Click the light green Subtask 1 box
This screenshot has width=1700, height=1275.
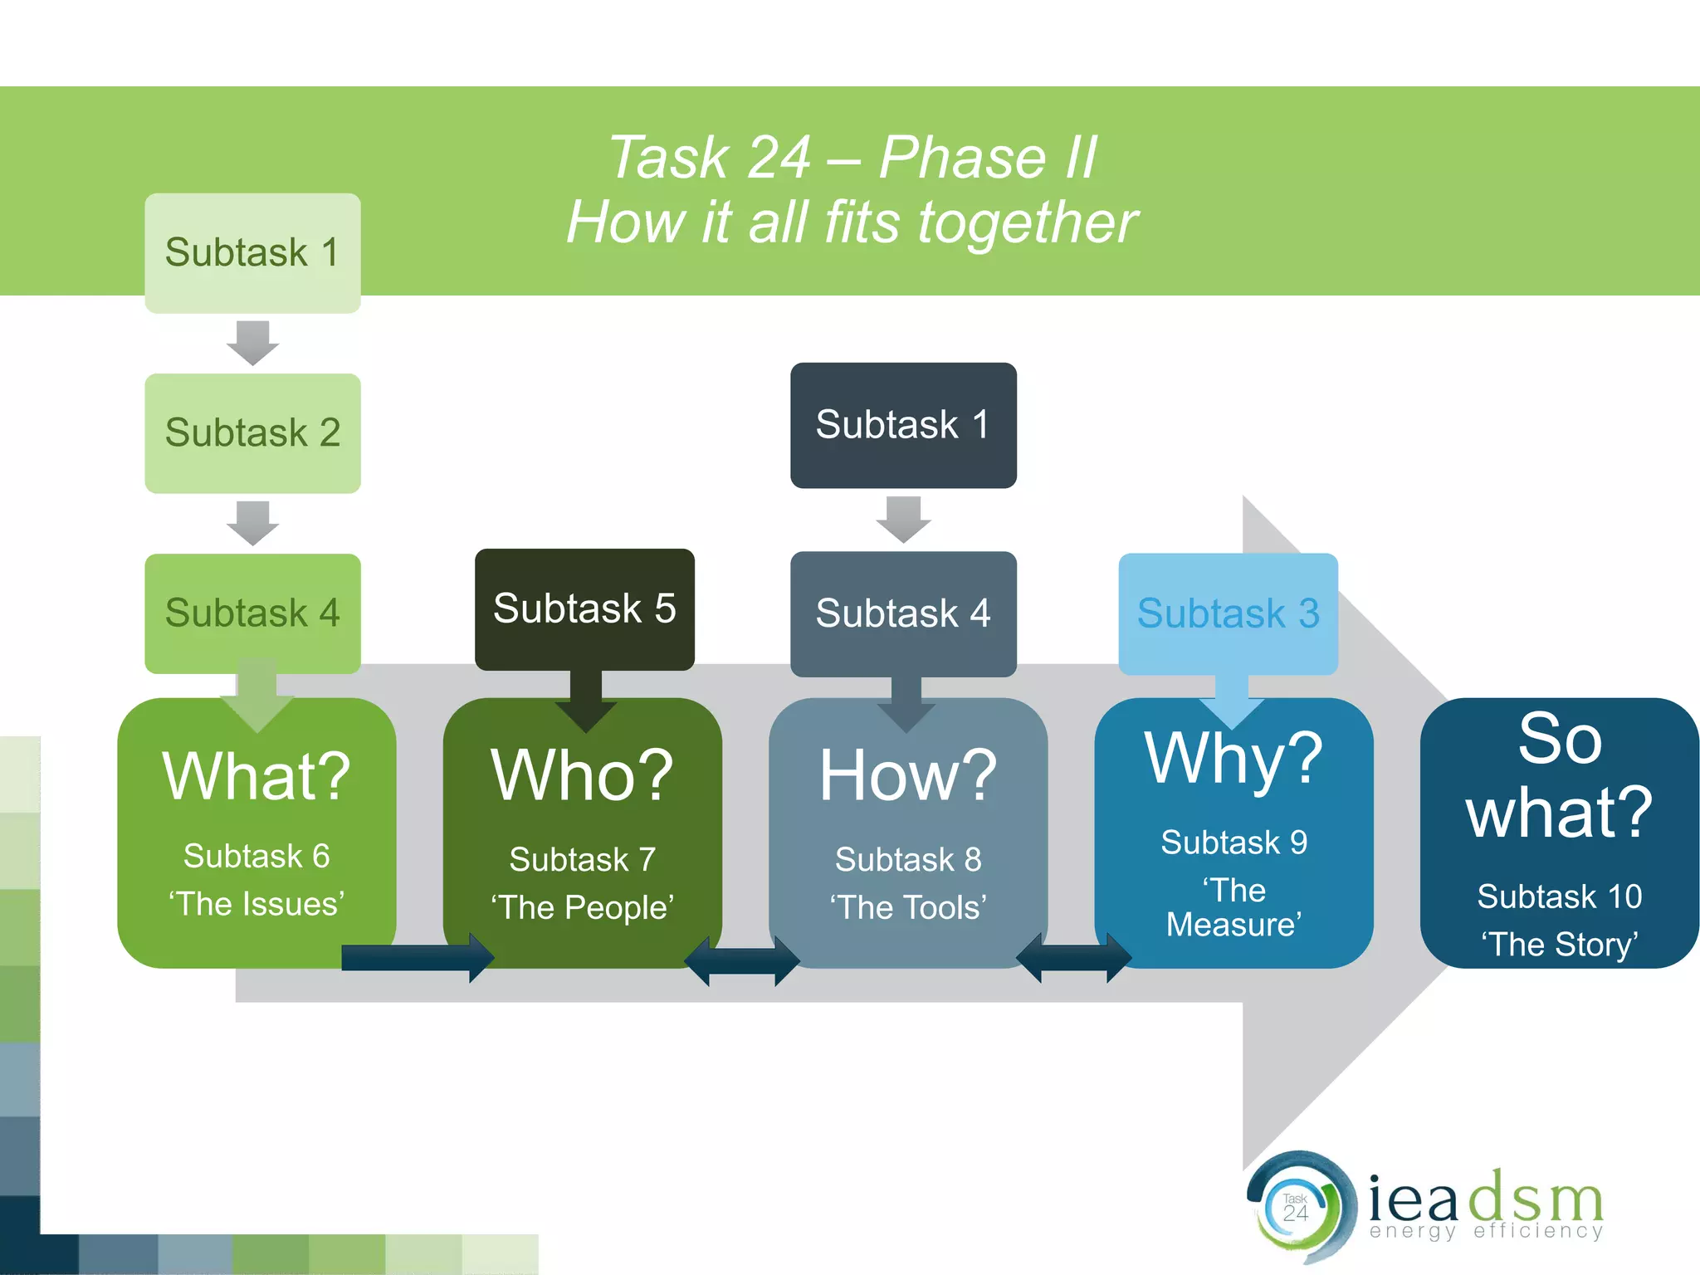(x=252, y=253)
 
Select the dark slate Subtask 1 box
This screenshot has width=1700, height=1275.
(x=903, y=425)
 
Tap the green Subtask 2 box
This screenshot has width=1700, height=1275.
(x=252, y=433)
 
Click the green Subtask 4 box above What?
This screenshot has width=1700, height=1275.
(x=252, y=613)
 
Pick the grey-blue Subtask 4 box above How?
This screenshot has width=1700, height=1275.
(x=903, y=613)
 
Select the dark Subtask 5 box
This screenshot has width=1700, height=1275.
(x=584, y=608)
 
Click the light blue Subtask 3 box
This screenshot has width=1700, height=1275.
(x=1228, y=613)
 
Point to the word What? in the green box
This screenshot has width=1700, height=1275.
(x=256, y=776)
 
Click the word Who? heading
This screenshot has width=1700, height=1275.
(x=582, y=775)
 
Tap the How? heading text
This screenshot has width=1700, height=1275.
(x=907, y=775)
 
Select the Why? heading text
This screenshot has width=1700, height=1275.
(x=1233, y=759)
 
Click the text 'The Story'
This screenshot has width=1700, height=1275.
(x=1559, y=945)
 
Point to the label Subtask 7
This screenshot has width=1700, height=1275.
(x=582, y=859)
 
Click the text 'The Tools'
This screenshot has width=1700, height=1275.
(x=907, y=907)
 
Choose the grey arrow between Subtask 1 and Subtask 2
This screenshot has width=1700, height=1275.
(x=252, y=342)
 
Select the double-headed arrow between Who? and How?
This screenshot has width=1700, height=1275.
(x=741, y=961)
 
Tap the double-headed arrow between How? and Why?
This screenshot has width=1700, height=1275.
(x=1073, y=958)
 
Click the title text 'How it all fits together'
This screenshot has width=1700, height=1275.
(x=852, y=222)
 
